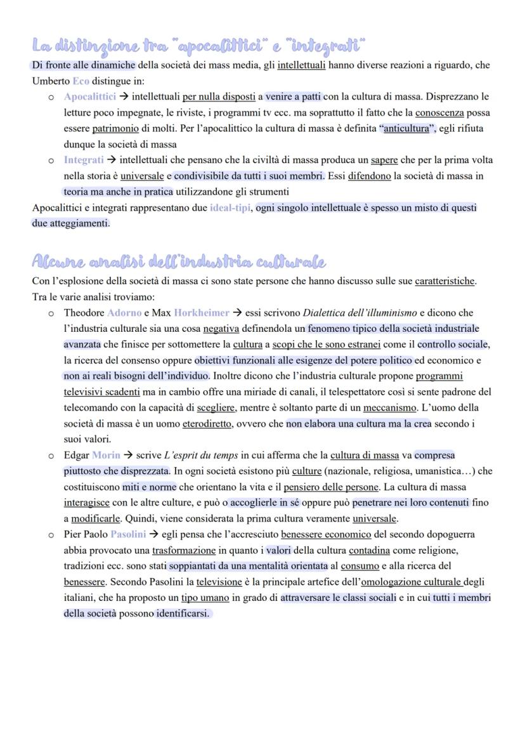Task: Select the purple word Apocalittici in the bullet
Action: (89, 97)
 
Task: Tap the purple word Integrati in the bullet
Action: (84, 160)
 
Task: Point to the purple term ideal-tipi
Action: (230, 208)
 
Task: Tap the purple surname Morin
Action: (106, 456)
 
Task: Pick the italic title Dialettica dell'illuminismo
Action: (360, 313)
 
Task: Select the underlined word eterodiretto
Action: (206, 423)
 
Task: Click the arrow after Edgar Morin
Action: (129, 456)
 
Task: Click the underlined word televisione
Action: (219, 582)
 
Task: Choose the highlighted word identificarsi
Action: (184, 614)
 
